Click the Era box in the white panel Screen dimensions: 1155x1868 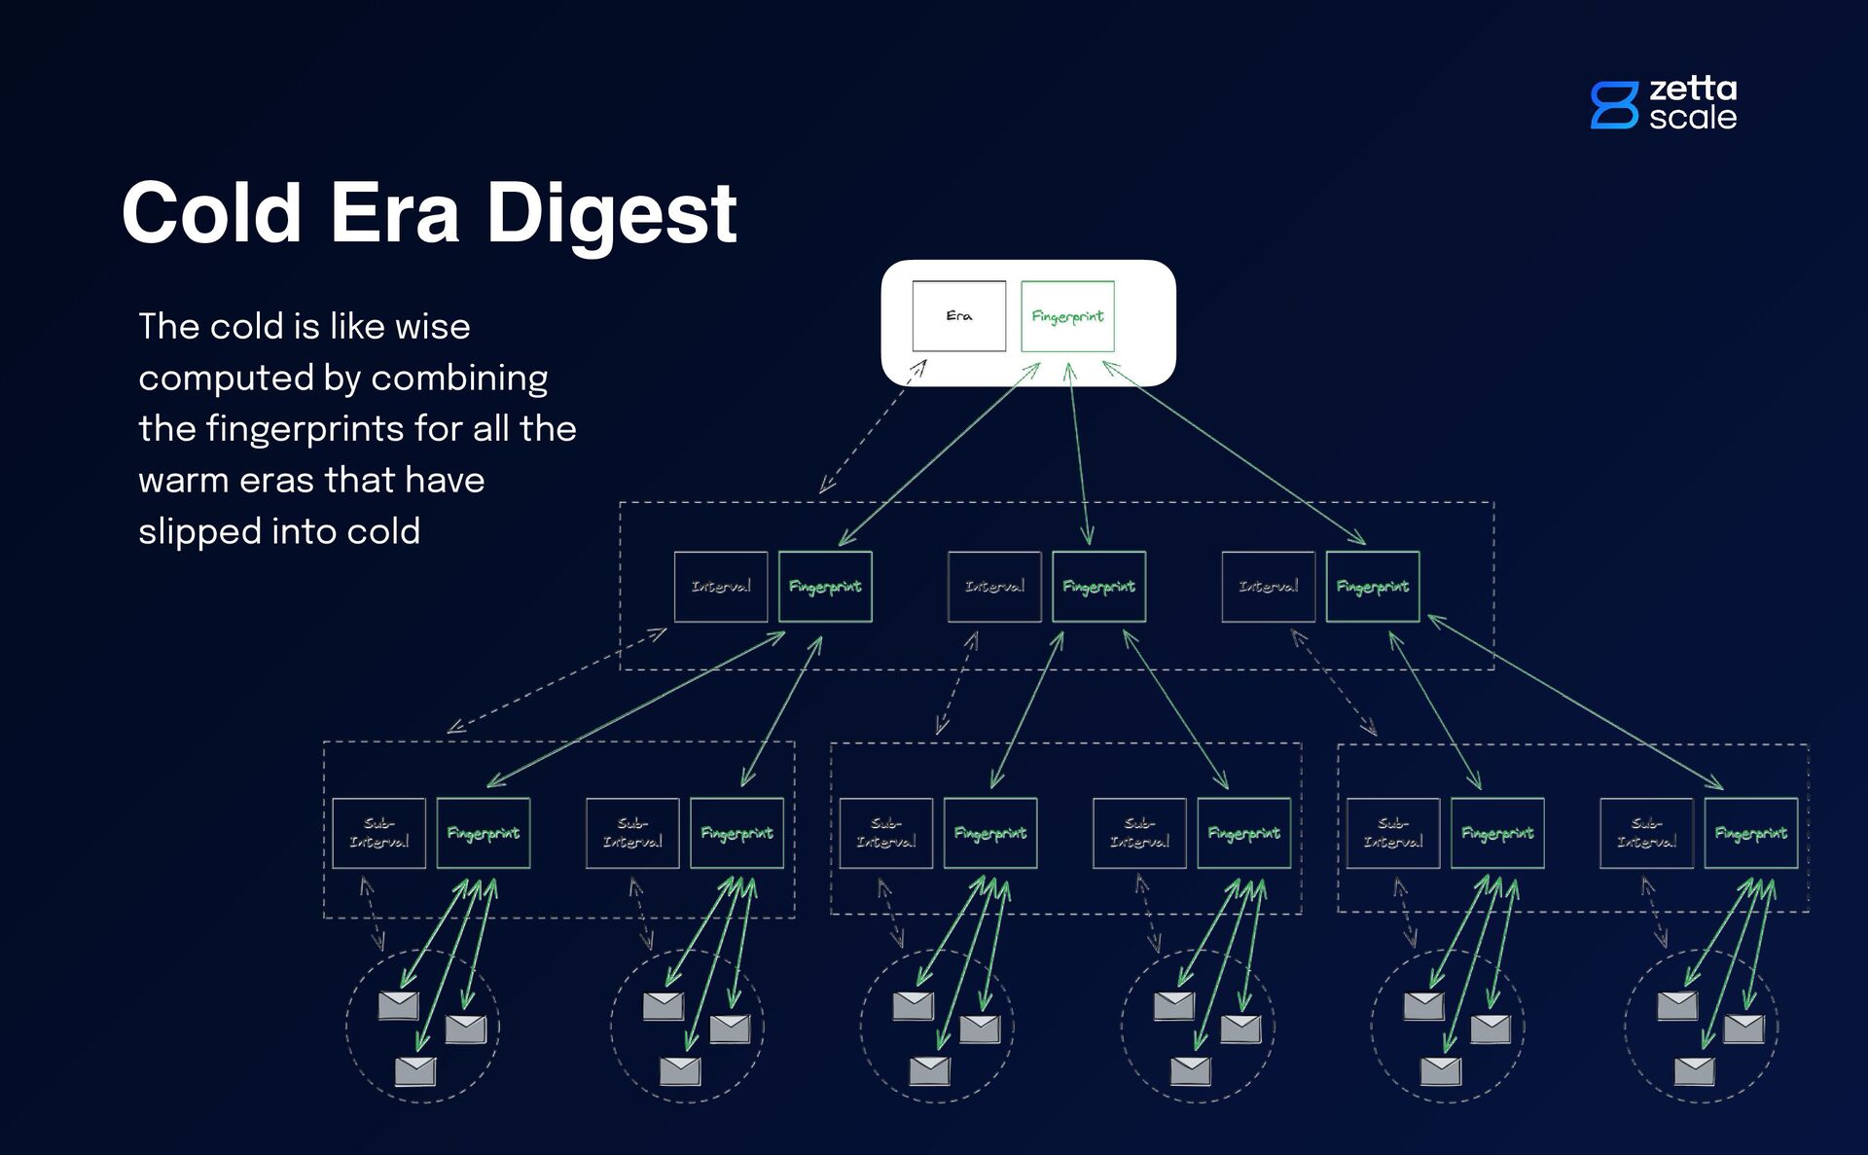point(958,316)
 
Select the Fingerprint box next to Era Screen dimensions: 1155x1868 point(1067,316)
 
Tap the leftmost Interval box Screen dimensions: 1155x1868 point(721,587)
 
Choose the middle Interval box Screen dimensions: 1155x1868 point(994,587)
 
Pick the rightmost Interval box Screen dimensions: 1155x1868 point(1268,587)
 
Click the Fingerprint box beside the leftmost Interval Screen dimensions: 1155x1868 point(825,587)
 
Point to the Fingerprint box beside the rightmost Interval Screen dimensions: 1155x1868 point(1372,587)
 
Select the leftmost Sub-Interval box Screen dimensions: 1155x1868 point(378,833)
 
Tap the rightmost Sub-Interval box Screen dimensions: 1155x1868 point(1646,833)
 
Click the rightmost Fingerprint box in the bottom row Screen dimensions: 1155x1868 point(1750,833)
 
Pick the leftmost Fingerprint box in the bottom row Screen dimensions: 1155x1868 point(483,833)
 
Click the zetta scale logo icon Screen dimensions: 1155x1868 point(1614,105)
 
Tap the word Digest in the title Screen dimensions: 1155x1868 point(611,214)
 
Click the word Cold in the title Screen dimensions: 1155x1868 point(212,214)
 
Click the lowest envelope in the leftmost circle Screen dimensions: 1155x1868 point(415,1071)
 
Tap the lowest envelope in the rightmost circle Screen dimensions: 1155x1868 point(1694,1071)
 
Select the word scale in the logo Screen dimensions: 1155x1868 point(1692,118)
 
